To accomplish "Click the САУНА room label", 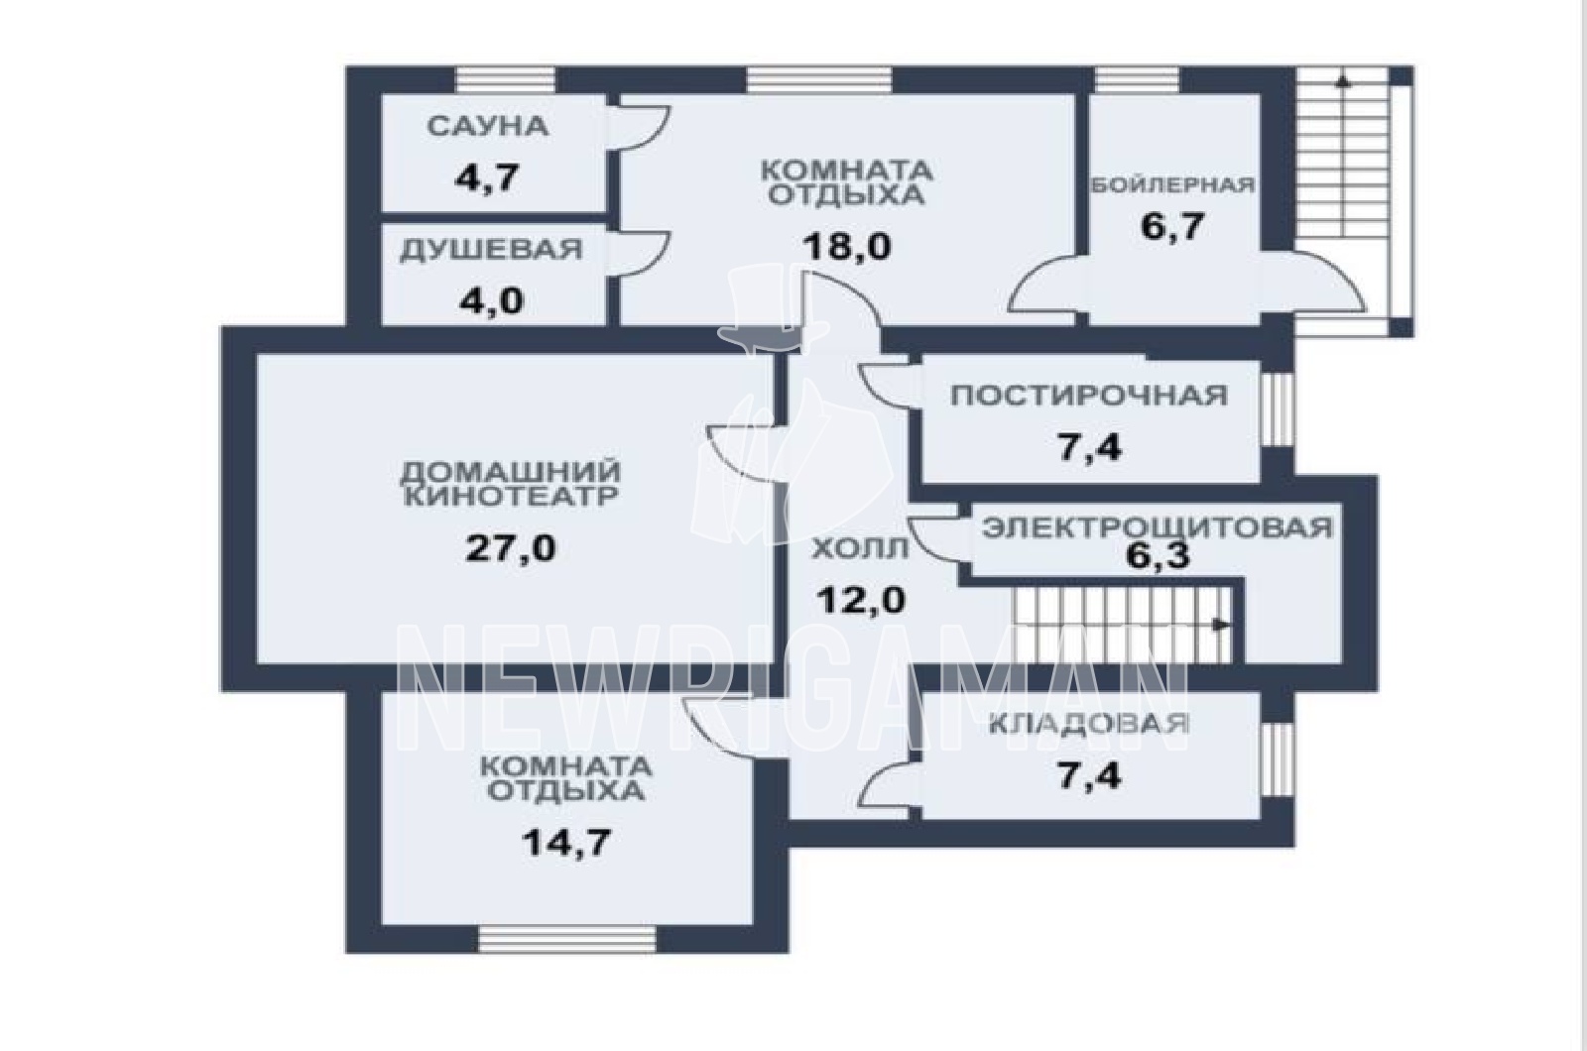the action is tap(488, 128).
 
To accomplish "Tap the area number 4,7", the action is tap(487, 177).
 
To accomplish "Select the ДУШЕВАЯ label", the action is tap(491, 250).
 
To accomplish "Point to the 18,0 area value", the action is tap(847, 247).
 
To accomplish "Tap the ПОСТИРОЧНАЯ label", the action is tap(1089, 396).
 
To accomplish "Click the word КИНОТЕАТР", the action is tap(511, 497).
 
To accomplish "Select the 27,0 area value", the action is tap(510, 547).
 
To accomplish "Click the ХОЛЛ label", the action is tap(859, 549).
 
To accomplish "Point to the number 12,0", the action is tap(860, 601).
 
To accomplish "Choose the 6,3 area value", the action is tap(1158, 556).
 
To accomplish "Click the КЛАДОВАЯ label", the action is tap(1088, 724).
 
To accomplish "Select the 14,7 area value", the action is tap(566, 842).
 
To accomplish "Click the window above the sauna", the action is tap(505, 80).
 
